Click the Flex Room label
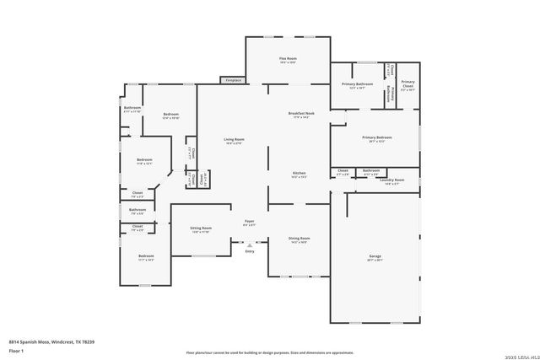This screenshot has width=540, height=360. click(288, 59)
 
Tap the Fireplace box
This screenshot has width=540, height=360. click(232, 80)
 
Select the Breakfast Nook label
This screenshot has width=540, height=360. click(301, 115)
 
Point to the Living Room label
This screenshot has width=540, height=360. click(234, 141)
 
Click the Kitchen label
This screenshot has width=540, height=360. click(299, 174)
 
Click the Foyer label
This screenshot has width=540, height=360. click(249, 223)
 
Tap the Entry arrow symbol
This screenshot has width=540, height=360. click(249, 244)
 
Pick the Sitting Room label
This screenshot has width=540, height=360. click(201, 229)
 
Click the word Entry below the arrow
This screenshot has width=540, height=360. click(249, 252)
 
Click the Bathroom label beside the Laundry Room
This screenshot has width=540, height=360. click(370, 171)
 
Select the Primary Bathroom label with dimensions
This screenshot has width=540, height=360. click(357, 85)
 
